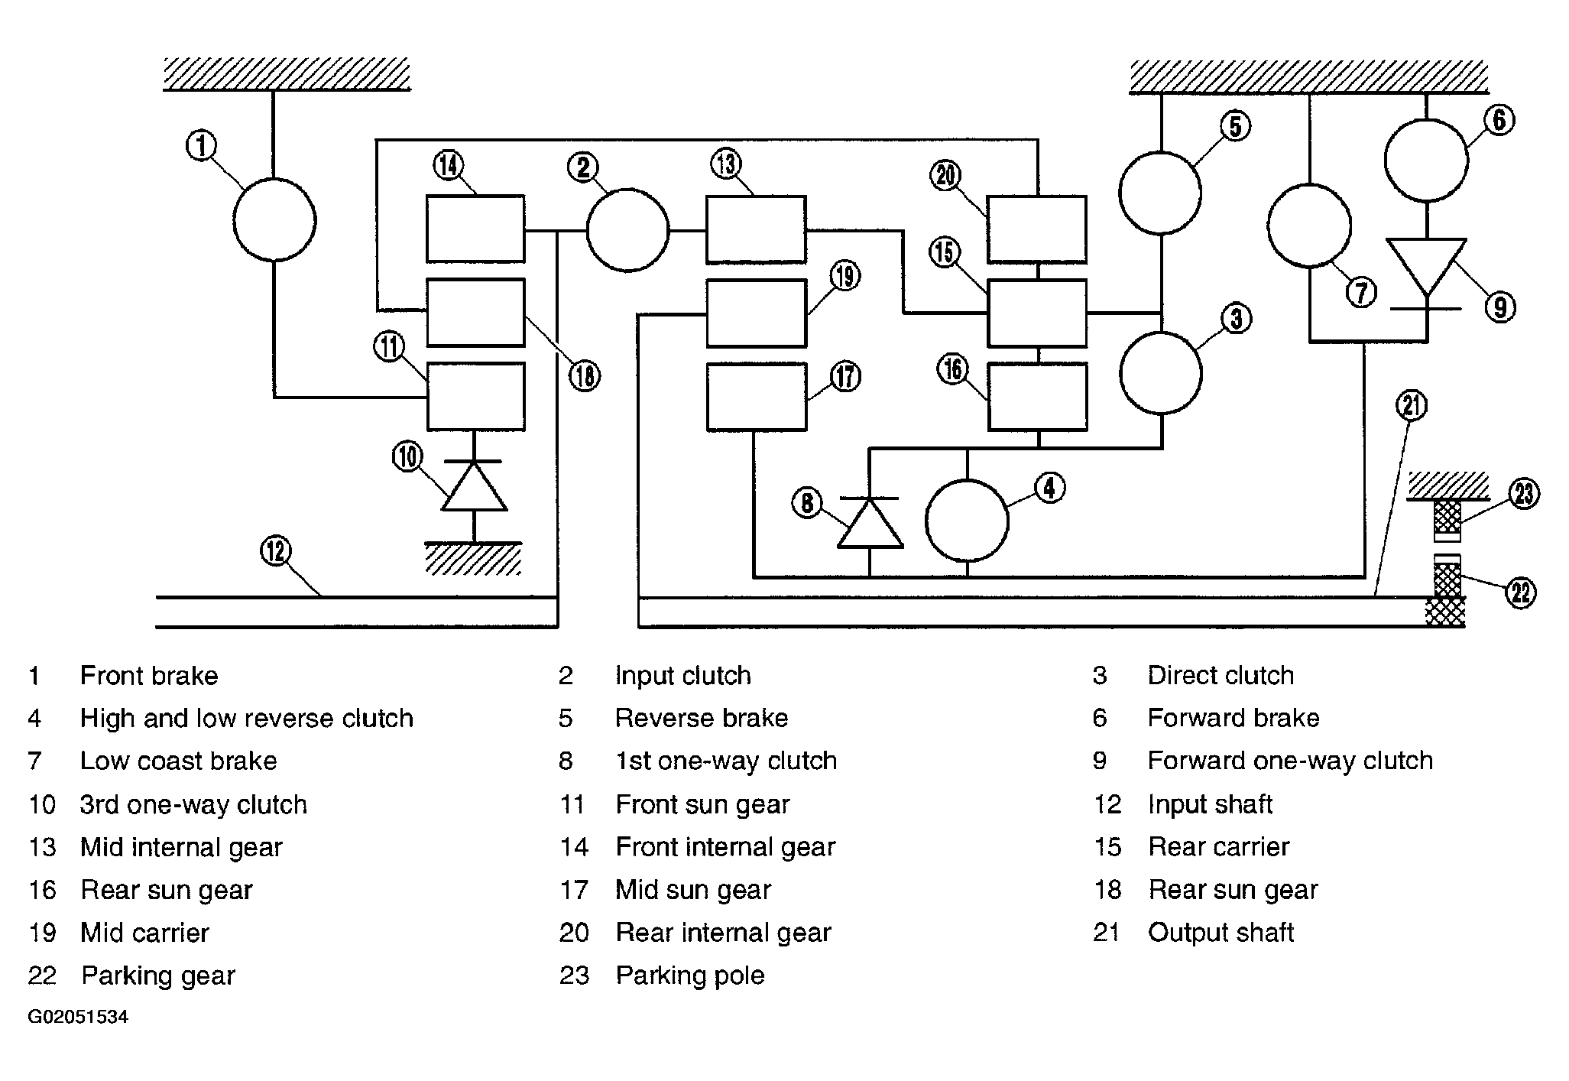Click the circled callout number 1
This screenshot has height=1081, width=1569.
(x=202, y=145)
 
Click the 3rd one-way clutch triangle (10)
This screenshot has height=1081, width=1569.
(x=474, y=486)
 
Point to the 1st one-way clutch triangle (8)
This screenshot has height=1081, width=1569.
(x=870, y=523)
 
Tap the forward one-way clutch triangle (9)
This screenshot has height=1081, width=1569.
(x=1426, y=268)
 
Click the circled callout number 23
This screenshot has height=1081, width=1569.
(x=1524, y=493)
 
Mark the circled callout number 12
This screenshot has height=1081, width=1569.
(x=276, y=550)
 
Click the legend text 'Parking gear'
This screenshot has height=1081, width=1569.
(x=158, y=975)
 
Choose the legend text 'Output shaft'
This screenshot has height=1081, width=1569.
(x=1221, y=933)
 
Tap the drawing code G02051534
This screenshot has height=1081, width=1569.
(x=78, y=1017)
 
